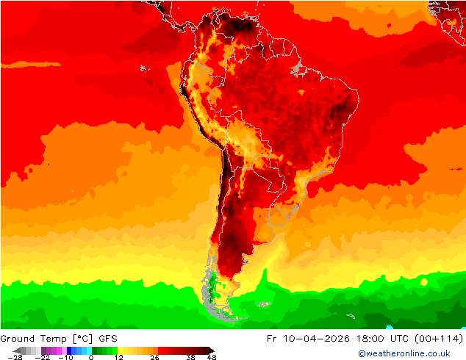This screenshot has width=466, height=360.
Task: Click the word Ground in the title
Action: (18, 338)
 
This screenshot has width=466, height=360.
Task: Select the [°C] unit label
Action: (81, 338)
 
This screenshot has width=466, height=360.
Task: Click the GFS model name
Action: (107, 338)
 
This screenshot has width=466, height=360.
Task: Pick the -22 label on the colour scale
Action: (43, 357)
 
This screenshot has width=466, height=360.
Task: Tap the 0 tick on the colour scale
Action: (91, 357)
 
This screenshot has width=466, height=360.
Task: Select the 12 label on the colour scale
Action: (118, 357)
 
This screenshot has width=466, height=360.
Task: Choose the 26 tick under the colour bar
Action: (155, 357)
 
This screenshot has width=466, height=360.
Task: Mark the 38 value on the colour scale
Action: (190, 357)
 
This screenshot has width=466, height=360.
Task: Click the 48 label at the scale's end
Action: (212, 357)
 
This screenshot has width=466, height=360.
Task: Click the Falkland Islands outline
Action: (263, 303)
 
